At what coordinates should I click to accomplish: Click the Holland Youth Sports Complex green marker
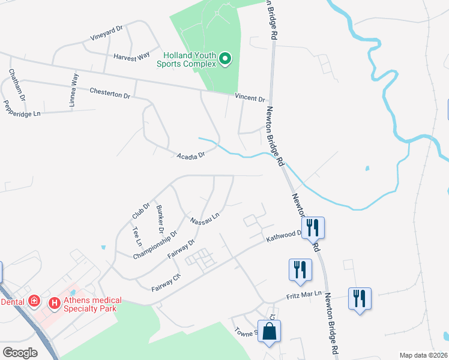point(225,58)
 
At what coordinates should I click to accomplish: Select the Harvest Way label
point(131,56)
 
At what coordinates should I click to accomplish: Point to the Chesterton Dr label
point(109,93)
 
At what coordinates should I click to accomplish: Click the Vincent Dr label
point(250,98)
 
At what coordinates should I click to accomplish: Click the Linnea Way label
point(73,90)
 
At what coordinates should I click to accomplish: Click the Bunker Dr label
point(160,219)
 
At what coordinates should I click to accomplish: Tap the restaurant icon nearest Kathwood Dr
point(313,228)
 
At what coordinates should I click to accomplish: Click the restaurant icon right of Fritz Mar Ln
point(360,298)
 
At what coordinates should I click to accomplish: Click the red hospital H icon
point(54,304)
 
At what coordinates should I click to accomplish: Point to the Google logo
point(20,353)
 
